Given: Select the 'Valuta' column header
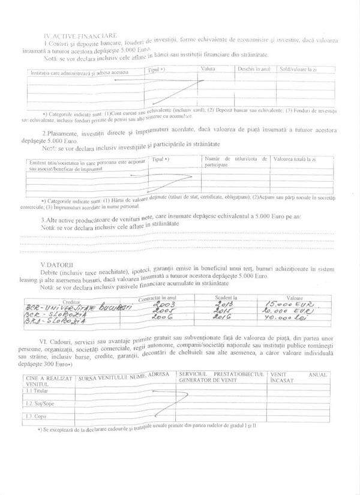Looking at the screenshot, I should tap(208, 70).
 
